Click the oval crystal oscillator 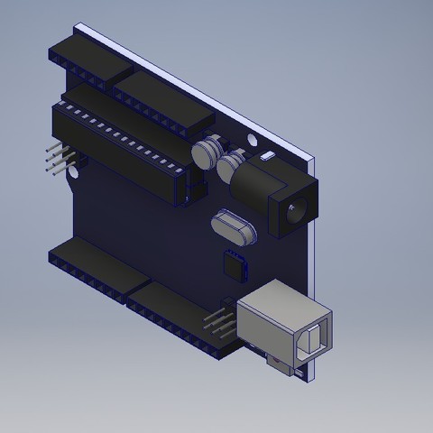234,226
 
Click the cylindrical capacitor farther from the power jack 207,150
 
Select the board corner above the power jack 309,160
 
